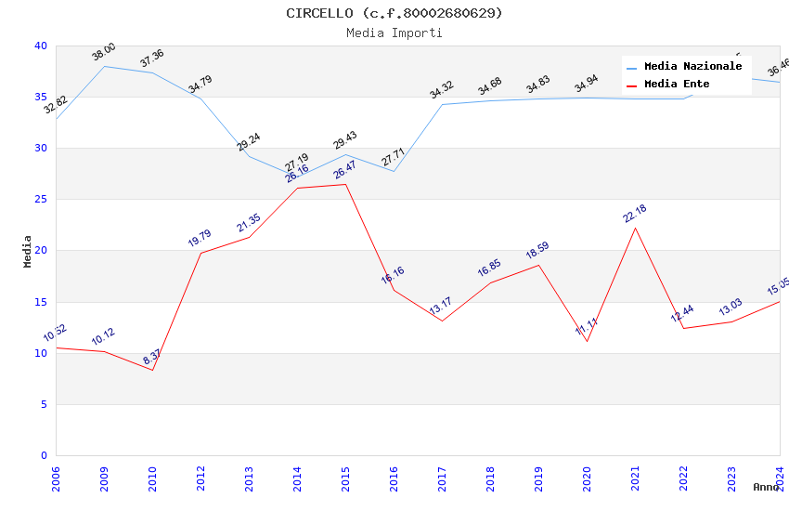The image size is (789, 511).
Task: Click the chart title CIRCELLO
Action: pyautogui.click(x=394, y=13)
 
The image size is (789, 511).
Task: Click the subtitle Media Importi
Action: pyautogui.click(x=394, y=33)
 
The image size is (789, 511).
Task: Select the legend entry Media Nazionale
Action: pyautogui.click(x=692, y=67)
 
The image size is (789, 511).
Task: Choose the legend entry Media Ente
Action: pyautogui.click(x=677, y=85)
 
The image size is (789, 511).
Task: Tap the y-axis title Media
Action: pyautogui.click(x=28, y=251)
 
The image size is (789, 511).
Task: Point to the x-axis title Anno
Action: pyautogui.click(x=766, y=487)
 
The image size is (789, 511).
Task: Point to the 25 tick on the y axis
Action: pyautogui.click(x=41, y=200)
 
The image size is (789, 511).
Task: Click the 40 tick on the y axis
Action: pyautogui.click(x=41, y=46)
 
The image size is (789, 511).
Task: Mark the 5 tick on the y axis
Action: pyautogui.click(x=44, y=404)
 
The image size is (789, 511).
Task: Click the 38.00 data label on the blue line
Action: pyautogui.click(x=104, y=52)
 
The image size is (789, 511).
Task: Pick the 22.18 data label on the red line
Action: pyautogui.click(x=635, y=214)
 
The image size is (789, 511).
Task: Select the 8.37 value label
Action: pyautogui.click(x=152, y=357)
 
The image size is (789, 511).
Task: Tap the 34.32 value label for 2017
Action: pyautogui.click(x=442, y=90)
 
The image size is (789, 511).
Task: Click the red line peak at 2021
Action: pyautogui.click(x=635, y=228)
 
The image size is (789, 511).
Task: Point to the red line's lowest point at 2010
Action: pyautogui.click(x=152, y=370)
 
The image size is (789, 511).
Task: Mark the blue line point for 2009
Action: pyautogui.click(x=104, y=66)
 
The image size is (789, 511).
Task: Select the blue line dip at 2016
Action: pyautogui.click(x=394, y=171)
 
